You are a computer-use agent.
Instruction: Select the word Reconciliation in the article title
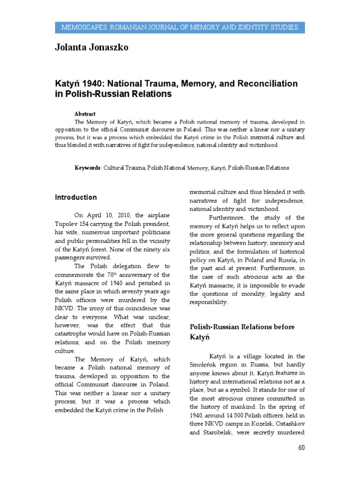pos(265,83)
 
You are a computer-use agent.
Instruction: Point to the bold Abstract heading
pos(85,114)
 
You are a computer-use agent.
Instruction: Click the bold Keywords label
pos(88,167)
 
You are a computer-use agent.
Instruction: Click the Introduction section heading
pos(76,197)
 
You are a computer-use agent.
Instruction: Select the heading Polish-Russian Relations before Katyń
pos(241,331)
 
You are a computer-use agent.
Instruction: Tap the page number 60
pos(301,447)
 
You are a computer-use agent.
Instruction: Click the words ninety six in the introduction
pos(157,248)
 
